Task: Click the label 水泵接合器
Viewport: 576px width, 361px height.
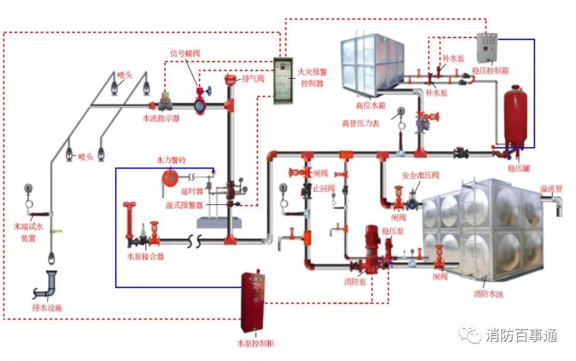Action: (145, 256)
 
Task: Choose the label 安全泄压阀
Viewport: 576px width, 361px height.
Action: (420, 176)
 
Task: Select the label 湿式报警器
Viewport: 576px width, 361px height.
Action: (183, 205)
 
